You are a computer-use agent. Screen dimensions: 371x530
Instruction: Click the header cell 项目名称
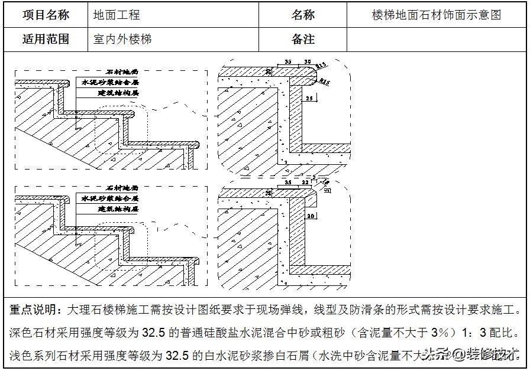click(x=46, y=15)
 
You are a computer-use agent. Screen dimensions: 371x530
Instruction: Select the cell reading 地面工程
click(x=117, y=15)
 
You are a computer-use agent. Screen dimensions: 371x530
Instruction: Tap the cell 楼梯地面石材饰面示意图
click(x=437, y=15)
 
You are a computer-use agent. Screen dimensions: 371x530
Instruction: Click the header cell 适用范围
click(x=46, y=40)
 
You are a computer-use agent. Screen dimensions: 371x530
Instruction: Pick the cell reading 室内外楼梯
click(x=122, y=40)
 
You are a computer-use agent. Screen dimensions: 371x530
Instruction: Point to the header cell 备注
click(x=302, y=40)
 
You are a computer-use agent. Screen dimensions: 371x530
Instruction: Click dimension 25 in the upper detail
click(x=311, y=98)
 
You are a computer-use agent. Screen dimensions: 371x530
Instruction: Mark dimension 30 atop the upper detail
click(x=307, y=61)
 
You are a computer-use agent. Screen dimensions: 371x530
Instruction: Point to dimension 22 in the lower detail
click(x=306, y=184)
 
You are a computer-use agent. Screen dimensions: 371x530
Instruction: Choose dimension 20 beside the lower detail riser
click(x=311, y=217)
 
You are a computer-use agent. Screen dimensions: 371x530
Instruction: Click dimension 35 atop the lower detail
click(x=288, y=184)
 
